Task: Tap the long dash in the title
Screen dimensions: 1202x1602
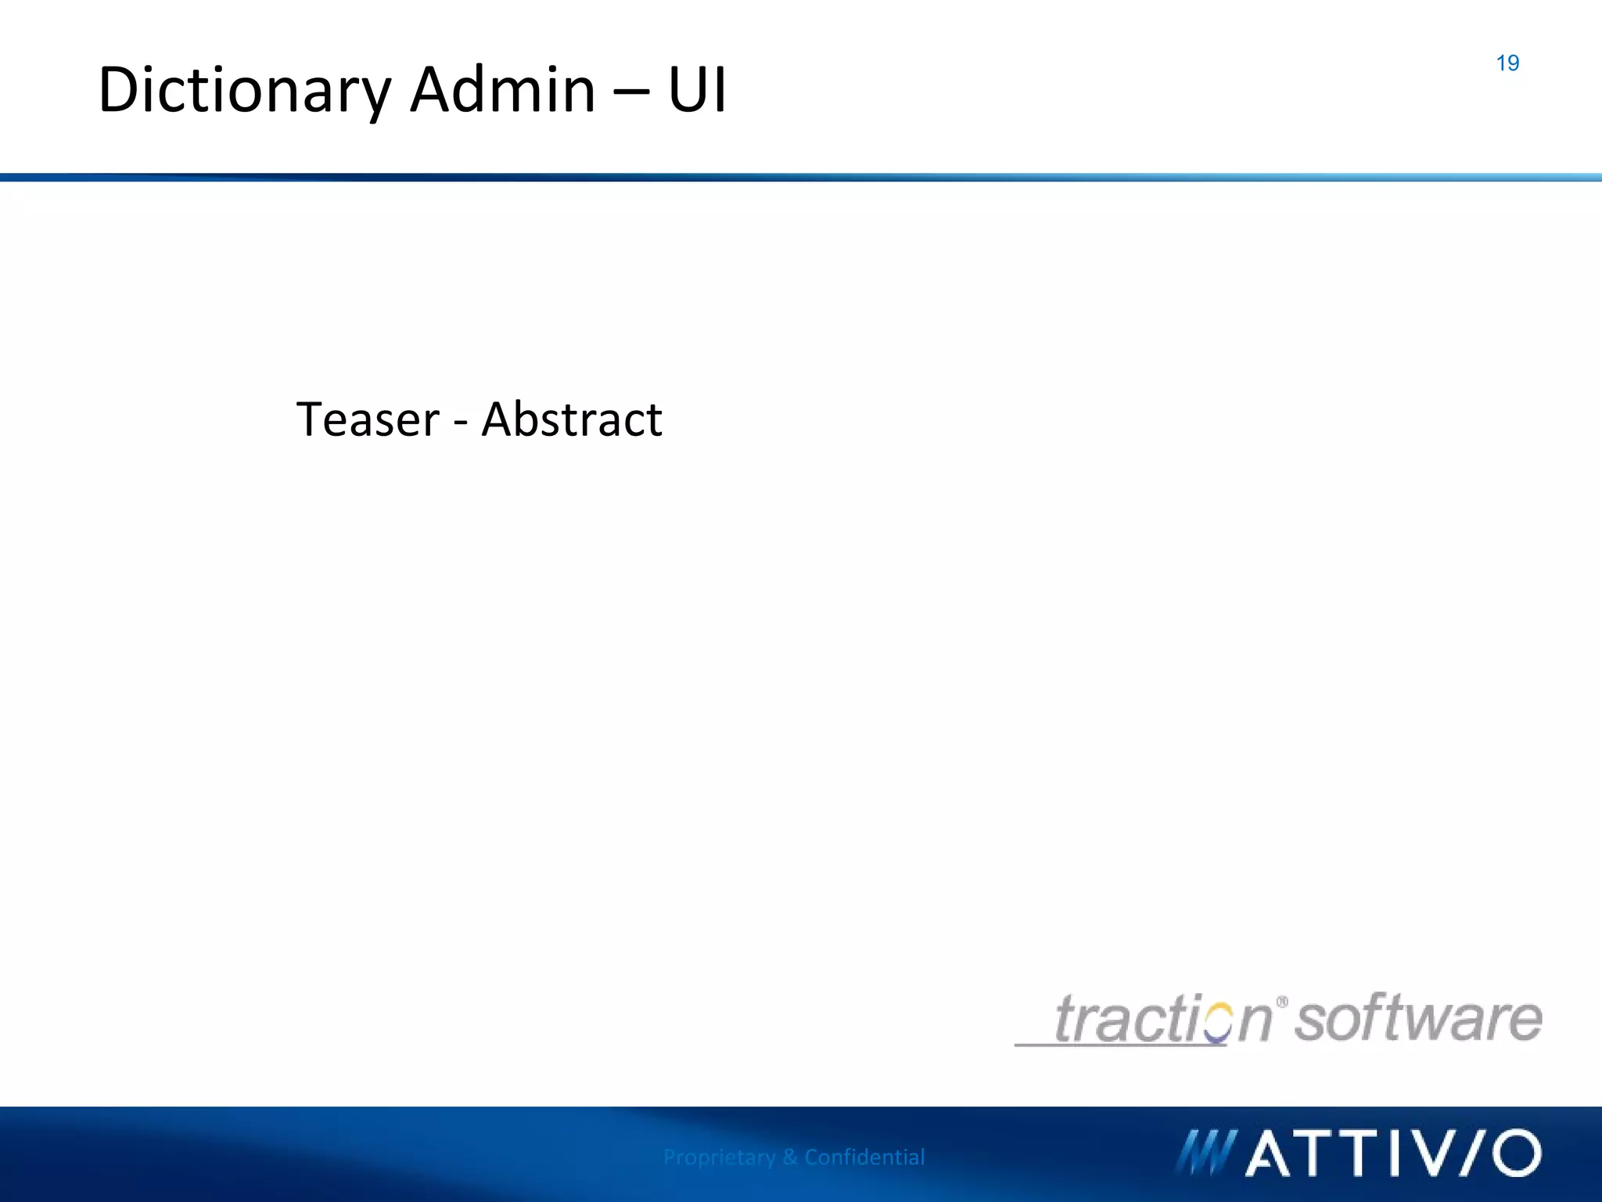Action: click(x=631, y=94)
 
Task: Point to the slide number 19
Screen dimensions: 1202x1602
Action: click(x=1507, y=63)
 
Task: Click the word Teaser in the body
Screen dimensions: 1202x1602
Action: click(x=368, y=419)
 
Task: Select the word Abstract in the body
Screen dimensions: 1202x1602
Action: click(x=572, y=419)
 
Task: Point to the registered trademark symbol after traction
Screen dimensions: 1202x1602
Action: click(x=1282, y=1002)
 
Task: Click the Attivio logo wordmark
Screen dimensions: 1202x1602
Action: click(x=1392, y=1153)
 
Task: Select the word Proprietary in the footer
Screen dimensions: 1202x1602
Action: click(x=719, y=1157)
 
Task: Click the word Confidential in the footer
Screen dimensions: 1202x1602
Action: click(x=864, y=1157)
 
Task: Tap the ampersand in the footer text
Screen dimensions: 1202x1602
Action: click(x=789, y=1157)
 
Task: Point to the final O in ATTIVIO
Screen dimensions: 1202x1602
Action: click(x=1516, y=1153)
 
